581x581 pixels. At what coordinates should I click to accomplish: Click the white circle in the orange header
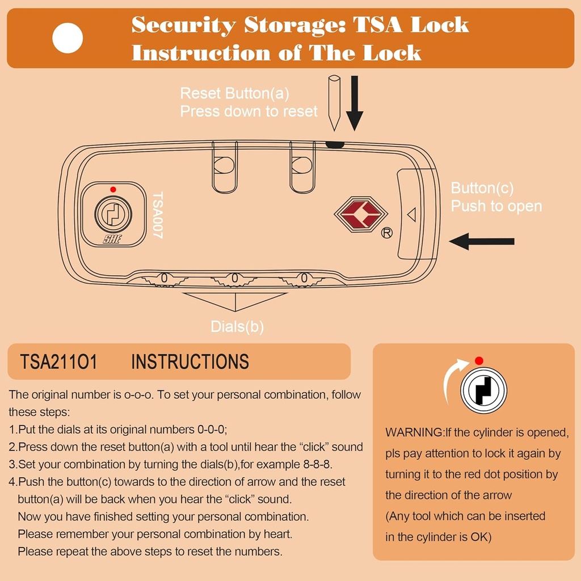click(68, 38)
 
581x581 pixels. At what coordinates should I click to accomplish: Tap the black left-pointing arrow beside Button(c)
click(482, 241)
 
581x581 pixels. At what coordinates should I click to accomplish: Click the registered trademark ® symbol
click(386, 233)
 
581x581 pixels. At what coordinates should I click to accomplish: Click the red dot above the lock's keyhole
click(113, 189)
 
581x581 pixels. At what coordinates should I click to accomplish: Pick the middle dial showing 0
click(234, 279)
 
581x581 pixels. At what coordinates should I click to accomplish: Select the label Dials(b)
click(237, 326)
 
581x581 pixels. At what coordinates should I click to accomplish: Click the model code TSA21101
click(58, 362)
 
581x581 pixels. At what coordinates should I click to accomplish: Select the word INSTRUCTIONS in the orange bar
click(190, 362)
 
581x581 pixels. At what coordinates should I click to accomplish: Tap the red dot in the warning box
click(479, 361)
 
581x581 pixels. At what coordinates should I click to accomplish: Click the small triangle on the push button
click(412, 214)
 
